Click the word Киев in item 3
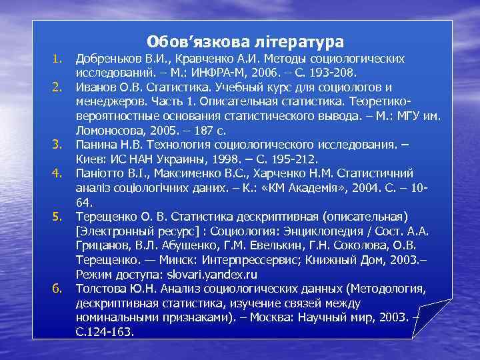(x=90, y=159)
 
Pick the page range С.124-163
(x=105, y=331)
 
